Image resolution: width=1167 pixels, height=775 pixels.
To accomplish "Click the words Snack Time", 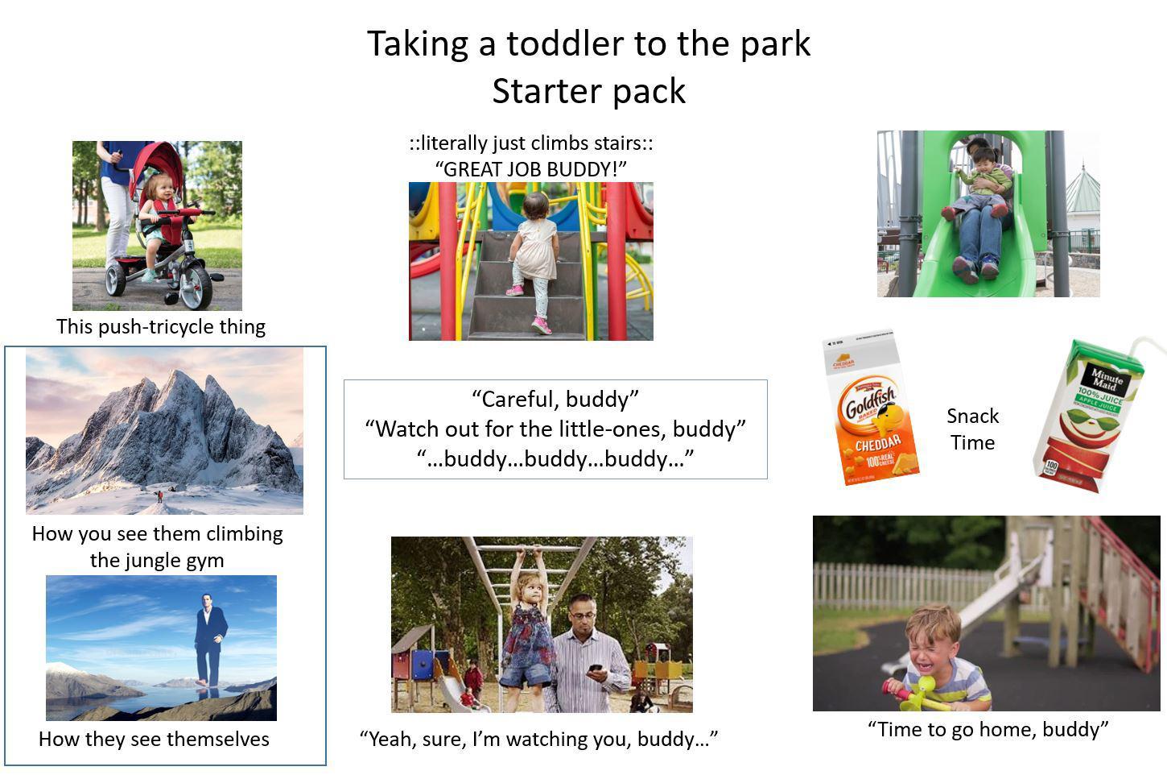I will (x=972, y=429).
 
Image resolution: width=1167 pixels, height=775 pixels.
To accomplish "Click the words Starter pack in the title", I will (x=588, y=91).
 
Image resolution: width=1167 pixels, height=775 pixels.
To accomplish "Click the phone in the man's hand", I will (x=595, y=669).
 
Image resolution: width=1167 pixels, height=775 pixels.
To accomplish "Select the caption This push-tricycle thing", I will (x=160, y=326).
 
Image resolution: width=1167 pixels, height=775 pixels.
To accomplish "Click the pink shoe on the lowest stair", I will (x=541, y=325).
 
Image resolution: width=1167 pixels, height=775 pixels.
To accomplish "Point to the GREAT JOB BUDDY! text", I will (x=530, y=169).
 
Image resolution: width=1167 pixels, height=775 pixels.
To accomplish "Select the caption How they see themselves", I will (x=154, y=739).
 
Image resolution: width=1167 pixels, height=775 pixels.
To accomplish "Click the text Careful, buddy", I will (x=555, y=399).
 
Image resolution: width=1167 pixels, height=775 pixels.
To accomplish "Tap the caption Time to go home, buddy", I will (x=988, y=729).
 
